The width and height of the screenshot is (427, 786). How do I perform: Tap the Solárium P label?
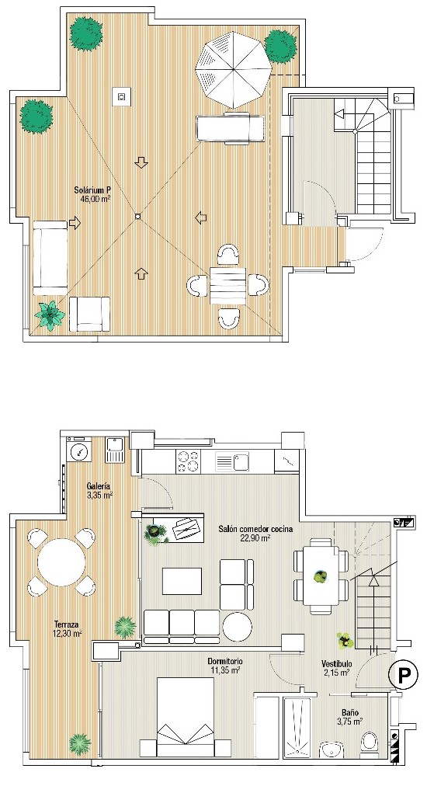tap(94, 190)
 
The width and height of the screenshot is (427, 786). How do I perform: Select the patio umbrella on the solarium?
tap(234, 69)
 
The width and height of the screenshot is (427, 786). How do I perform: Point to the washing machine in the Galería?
tap(79, 450)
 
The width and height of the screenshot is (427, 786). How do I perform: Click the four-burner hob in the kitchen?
tap(187, 461)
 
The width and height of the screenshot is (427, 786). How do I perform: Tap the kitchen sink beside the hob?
tap(231, 461)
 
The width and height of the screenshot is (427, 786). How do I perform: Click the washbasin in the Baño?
tap(330, 749)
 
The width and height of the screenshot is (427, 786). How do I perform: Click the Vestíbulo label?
tap(336, 665)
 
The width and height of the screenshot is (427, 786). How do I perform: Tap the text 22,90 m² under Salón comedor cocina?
tap(255, 538)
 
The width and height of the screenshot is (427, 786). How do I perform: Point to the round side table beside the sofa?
tap(238, 626)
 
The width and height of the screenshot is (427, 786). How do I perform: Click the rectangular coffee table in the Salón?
tap(182, 581)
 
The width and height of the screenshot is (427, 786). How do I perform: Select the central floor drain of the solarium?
tap(138, 217)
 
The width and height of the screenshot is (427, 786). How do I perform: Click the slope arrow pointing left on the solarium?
tap(201, 217)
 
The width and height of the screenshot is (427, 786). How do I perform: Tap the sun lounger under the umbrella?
tap(231, 128)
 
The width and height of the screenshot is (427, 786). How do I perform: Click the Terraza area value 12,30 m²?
tap(68, 634)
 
